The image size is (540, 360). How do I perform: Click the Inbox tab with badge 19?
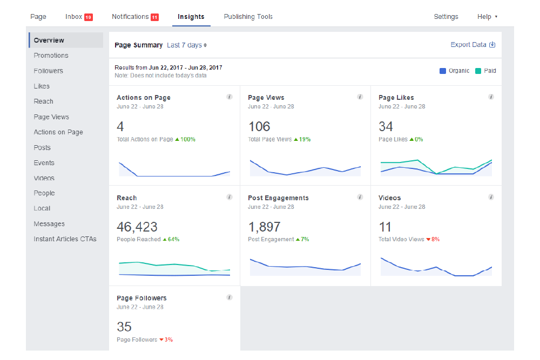tap(78, 17)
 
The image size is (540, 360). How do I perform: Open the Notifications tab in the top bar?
tap(134, 17)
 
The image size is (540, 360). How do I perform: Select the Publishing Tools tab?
tap(248, 17)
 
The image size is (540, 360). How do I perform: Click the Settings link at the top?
tap(446, 17)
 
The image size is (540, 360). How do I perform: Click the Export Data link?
tap(473, 45)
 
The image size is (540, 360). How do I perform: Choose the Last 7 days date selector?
tap(187, 45)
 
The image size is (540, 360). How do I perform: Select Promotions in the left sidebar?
tap(51, 56)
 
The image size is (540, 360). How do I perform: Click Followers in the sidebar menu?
tap(48, 71)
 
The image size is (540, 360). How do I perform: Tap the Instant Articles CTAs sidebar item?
tap(65, 239)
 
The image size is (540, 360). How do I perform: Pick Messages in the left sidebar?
tap(49, 223)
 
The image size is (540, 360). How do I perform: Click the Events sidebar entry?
tap(44, 162)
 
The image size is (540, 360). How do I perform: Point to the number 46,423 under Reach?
tap(137, 227)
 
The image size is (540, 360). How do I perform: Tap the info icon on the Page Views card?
tap(360, 97)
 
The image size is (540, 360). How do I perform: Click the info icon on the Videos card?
tap(491, 198)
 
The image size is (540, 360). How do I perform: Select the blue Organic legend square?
tap(443, 71)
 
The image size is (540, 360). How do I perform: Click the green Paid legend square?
tap(478, 71)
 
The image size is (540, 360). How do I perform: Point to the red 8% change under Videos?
tap(434, 239)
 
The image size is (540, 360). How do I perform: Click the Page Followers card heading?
tap(141, 298)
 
